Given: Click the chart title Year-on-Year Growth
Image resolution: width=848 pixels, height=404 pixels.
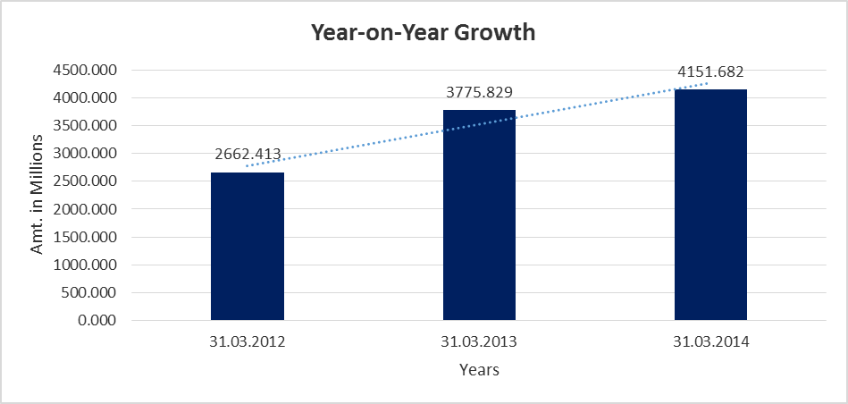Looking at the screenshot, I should [423, 33].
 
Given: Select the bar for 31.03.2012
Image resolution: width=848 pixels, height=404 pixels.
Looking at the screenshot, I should [248, 246].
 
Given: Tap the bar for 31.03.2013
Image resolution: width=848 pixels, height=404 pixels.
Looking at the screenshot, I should [479, 215].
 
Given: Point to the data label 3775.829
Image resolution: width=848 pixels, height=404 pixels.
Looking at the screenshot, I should [479, 92].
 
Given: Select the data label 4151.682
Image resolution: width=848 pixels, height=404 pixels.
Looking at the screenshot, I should [710, 72].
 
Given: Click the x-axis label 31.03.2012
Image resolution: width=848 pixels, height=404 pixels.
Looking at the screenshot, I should [248, 341].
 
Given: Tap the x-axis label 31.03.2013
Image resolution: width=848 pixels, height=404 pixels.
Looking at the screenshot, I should [479, 341].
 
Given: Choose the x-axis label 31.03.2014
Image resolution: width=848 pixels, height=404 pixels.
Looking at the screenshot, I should [710, 341].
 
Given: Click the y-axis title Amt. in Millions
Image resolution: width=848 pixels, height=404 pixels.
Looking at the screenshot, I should [38, 194].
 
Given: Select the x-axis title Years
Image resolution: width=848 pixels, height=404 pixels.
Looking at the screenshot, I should [479, 369].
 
